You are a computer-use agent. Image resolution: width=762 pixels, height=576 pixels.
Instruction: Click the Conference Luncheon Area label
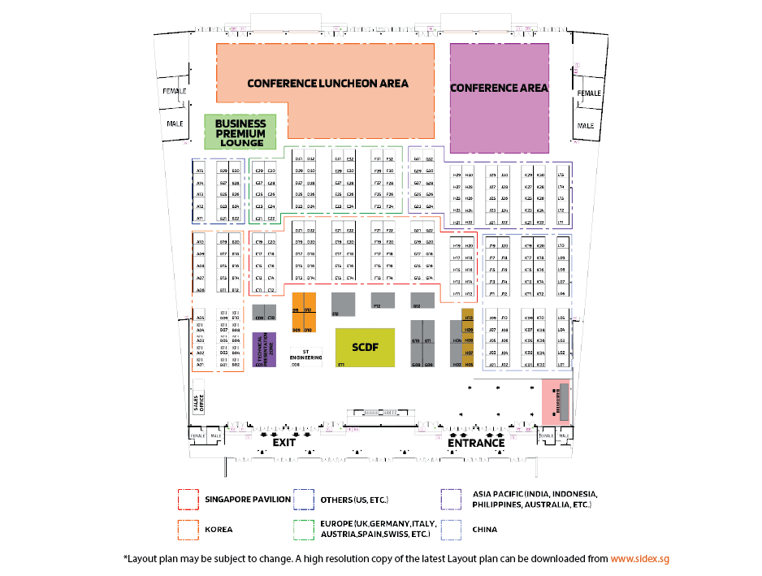click(327, 84)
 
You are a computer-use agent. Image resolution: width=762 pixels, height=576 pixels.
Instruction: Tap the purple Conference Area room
click(499, 97)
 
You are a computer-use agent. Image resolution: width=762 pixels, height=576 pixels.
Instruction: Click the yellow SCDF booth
click(365, 348)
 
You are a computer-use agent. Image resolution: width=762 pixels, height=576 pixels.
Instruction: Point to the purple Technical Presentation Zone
click(265, 349)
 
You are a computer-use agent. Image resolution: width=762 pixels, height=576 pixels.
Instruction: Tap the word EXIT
click(284, 443)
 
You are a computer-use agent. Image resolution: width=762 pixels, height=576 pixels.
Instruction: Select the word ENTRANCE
click(476, 443)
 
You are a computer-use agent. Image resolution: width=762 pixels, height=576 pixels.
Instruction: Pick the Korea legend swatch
click(188, 530)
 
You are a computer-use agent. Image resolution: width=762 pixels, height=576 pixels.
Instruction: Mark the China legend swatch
click(453, 530)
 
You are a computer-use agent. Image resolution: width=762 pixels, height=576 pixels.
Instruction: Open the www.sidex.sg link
click(639, 559)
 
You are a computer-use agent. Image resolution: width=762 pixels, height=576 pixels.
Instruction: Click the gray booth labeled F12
click(383, 301)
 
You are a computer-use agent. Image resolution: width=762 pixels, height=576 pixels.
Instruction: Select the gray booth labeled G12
click(422, 301)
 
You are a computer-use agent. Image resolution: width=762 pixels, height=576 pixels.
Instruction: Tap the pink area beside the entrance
click(556, 401)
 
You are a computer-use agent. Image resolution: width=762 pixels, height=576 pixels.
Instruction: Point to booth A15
click(200, 171)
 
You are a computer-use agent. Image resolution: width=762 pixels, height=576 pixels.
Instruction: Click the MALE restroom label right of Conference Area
click(585, 126)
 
